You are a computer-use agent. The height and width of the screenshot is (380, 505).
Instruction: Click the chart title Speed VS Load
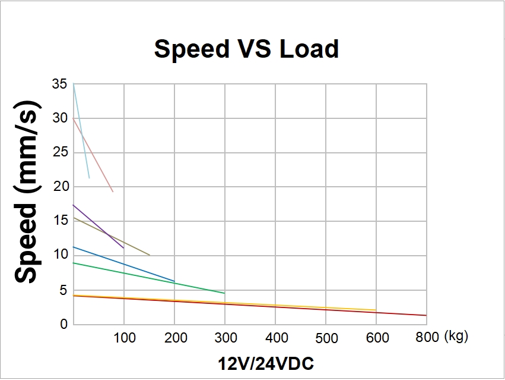(x=246, y=49)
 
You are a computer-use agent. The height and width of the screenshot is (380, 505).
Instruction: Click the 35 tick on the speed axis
(x=59, y=84)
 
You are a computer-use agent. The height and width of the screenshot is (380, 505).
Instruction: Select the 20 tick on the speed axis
(x=59, y=187)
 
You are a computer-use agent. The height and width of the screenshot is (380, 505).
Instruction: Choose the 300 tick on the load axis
(x=225, y=338)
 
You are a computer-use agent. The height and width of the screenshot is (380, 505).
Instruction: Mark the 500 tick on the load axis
(x=326, y=338)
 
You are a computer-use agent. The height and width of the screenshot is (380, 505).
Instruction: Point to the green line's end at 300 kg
(x=224, y=293)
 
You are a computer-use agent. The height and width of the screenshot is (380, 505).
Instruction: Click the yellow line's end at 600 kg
(x=375, y=310)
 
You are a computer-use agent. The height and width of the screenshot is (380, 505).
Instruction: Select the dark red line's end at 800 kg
(x=425, y=315)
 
